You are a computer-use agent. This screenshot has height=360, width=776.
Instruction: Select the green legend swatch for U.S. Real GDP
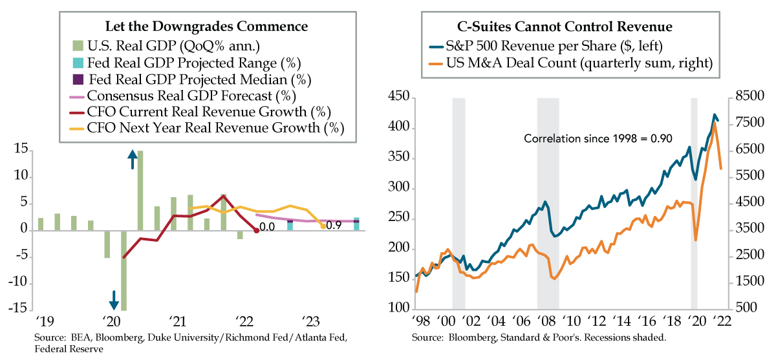pos(76,46)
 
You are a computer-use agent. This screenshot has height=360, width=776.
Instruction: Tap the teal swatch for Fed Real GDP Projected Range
pos(76,63)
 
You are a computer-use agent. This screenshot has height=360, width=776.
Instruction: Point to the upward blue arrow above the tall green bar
pos(132,158)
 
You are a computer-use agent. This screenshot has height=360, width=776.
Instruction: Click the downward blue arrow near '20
pos(114,300)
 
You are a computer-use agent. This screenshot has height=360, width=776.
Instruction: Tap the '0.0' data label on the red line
pos(267,228)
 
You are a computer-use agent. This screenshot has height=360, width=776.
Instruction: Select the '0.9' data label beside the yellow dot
pos(334,225)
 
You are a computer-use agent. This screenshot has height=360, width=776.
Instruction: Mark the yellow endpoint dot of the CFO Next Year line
pos(323,226)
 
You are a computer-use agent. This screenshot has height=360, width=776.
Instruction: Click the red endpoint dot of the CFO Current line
pos(257,231)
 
